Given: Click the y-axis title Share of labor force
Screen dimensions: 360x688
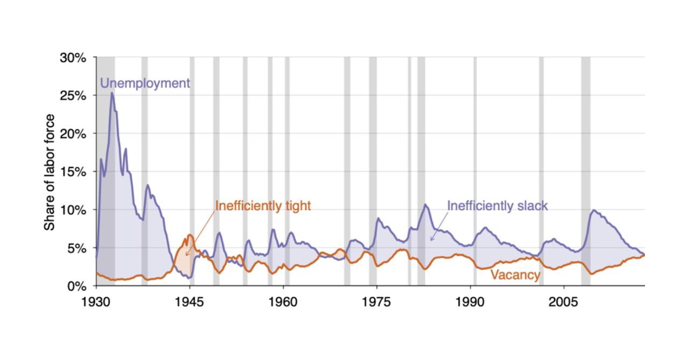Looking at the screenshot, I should coord(49,172).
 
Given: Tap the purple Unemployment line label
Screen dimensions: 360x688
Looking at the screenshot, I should coord(145,83).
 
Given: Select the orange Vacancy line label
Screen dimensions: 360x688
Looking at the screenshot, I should coord(515,275).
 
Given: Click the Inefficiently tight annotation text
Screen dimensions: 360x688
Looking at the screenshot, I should coord(263,206).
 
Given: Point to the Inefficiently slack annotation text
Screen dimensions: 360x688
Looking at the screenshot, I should coord(497,206).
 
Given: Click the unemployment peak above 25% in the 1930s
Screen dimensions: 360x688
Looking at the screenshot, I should coord(112,93).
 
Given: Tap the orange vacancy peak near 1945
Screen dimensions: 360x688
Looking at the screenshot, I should coord(190,235).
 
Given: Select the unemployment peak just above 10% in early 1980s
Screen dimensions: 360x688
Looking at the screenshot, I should coord(425,204).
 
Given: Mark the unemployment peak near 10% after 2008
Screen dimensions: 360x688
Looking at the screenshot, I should coord(593,210).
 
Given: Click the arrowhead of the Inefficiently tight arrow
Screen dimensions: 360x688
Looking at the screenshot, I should coord(186,255).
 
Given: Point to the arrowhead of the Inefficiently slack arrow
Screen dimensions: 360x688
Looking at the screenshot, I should coord(431,240).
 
